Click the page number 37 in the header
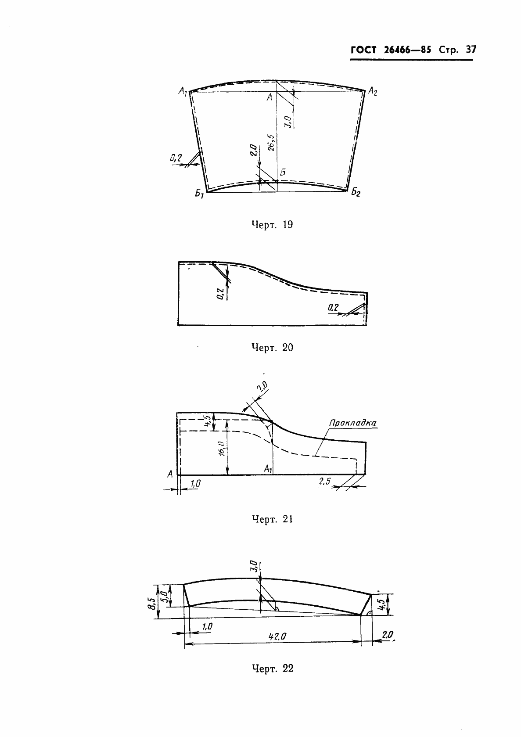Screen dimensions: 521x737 [x=471, y=50]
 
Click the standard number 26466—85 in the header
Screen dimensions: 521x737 [x=407, y=50]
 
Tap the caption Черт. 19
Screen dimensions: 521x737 [x=272, y=225]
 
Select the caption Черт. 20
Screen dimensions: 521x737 [x=272, y=348]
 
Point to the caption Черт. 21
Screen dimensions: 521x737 [x=272, y=519]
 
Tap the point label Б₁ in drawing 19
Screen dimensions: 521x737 [x=199, y=194]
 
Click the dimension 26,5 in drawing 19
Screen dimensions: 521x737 [x=271, y=142]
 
